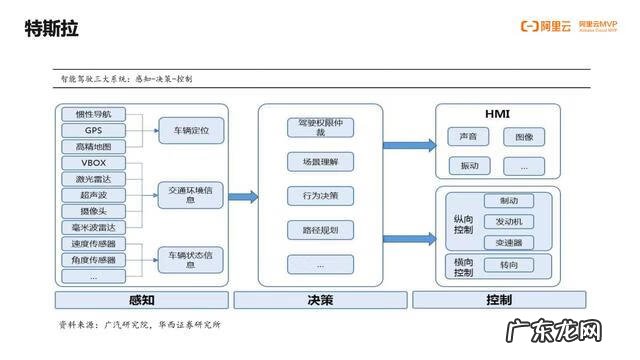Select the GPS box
tap(93, 130)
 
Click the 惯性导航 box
tap(93, 114)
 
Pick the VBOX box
tap(93, 163)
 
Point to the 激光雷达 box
tap(93, 179)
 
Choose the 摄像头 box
tap(93, 211)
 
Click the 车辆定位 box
tap(190, 129)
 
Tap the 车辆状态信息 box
tap(190, 259)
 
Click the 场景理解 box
tap(319, 161)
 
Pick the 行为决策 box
tap(319, 196)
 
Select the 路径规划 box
tap(319, 231)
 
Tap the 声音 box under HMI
tap(468, 136)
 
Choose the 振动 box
tap(468, 165)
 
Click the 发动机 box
tap(508, 222)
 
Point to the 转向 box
tap(508, 265)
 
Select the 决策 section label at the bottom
tap(320, 300)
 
